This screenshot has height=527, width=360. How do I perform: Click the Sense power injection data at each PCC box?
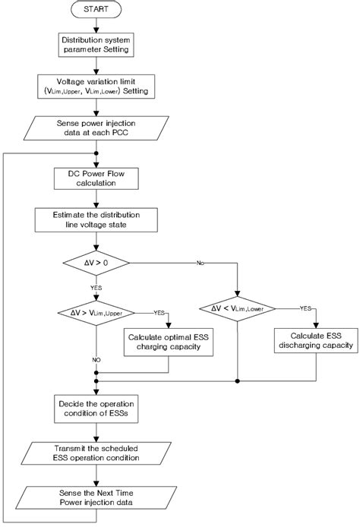[95, 127]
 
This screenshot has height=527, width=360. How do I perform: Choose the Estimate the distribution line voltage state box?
[95, 220]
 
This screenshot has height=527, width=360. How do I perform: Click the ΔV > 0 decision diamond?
[95, 263]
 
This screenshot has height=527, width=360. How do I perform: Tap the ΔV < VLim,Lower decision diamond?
[238, 308]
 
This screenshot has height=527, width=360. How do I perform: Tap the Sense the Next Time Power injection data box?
[95, 498]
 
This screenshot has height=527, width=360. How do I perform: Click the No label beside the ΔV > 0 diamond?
[201, 263]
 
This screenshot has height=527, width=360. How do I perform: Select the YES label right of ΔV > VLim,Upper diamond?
[159, 312]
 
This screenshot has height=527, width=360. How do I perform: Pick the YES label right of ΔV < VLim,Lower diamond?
[304, 308]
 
